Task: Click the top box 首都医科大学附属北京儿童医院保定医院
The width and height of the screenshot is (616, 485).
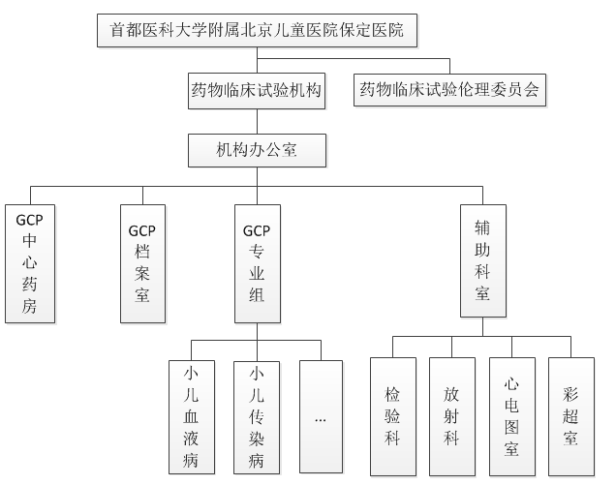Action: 257,33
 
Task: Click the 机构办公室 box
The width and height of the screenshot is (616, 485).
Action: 257,150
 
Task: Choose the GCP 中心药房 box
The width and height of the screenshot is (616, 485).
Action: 30,263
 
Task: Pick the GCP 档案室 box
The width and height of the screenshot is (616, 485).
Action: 142,263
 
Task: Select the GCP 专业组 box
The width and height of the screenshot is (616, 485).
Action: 257,263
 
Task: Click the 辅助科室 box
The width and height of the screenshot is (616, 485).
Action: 483,260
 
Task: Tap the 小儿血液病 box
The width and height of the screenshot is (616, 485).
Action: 191,416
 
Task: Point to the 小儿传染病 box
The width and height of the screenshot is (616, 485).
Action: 257,416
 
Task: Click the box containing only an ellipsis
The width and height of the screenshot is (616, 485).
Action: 321,416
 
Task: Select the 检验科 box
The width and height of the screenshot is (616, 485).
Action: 392,417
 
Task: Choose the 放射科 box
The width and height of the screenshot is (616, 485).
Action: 451,417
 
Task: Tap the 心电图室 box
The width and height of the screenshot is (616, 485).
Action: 511,417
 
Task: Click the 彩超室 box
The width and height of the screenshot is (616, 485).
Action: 570,417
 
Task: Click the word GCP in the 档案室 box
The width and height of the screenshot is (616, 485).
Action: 142,230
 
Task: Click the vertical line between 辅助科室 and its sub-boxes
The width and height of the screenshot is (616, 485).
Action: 483,326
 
